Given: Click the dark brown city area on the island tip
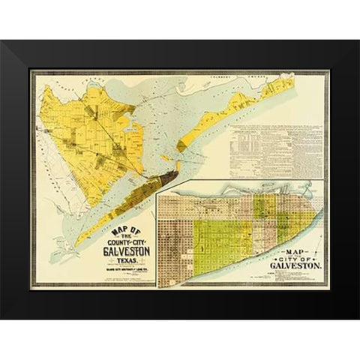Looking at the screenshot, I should [x=166, y=178].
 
